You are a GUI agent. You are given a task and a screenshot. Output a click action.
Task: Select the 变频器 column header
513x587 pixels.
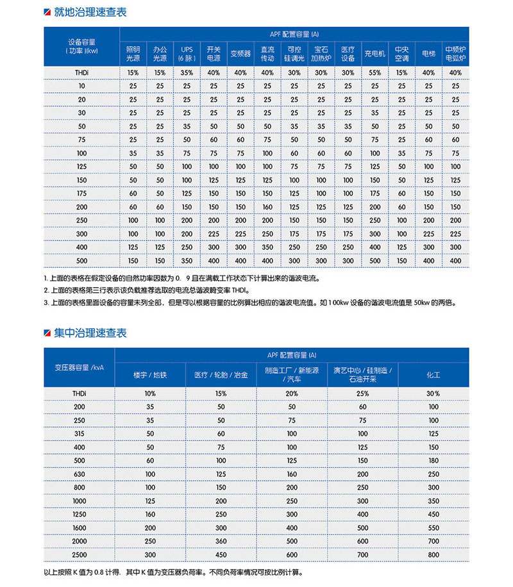click(240, 54)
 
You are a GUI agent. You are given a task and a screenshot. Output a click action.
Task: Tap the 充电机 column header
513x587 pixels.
click(374, 54)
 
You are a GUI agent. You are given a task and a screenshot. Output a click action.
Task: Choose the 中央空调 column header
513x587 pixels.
click(401, 54)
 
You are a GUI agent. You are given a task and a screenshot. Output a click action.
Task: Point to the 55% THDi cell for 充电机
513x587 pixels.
click(374, 72)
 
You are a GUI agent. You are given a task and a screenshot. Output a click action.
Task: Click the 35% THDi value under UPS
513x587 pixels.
click(187, 72)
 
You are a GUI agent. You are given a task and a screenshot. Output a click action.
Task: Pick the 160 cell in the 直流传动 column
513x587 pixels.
click(267, 207)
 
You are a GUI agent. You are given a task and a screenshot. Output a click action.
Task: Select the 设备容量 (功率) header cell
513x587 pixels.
click(81, 45)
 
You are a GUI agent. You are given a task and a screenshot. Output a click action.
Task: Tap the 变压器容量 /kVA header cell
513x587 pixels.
click(80, 367)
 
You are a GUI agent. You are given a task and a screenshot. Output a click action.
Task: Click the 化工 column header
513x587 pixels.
click(433, 374)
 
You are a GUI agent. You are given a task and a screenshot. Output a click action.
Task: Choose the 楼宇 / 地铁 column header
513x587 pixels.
click(150, 374)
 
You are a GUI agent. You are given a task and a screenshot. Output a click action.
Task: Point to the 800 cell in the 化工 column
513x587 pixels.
click(433, 554)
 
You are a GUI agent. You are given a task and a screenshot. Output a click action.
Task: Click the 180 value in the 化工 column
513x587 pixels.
click(433, 460)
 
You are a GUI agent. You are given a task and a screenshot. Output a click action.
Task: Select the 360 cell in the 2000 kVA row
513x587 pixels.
click(221, 540)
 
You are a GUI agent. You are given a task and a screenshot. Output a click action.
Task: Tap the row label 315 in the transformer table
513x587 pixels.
click(80, 433)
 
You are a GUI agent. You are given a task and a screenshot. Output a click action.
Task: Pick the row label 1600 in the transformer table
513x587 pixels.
click(80, 527)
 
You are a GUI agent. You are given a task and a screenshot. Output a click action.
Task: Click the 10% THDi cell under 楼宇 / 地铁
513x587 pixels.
click(150, 393)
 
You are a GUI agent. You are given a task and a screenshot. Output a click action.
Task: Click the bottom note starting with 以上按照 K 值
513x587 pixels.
click(173, 572)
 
